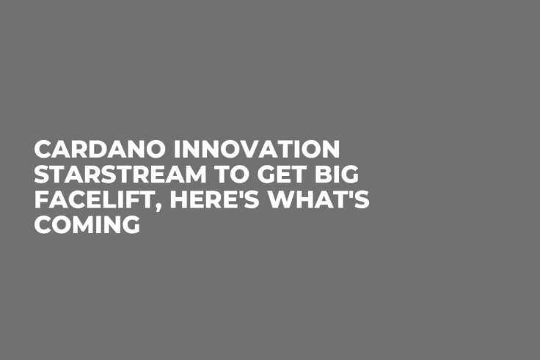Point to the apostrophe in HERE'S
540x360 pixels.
(x=235, y=193)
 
